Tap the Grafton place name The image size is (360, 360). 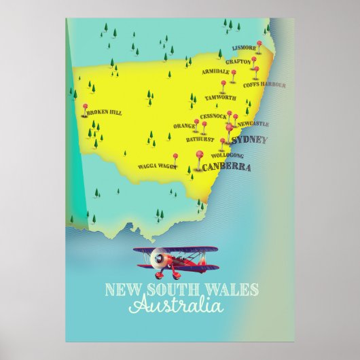238,61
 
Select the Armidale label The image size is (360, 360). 215,71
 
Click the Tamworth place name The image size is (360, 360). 220,97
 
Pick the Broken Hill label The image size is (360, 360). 104,112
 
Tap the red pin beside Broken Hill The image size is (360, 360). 84,108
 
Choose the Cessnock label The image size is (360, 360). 214,116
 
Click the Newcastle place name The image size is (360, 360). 253,124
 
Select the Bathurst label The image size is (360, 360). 200,139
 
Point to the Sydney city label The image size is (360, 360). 249,140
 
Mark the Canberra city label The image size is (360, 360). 227,167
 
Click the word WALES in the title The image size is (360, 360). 235,290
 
